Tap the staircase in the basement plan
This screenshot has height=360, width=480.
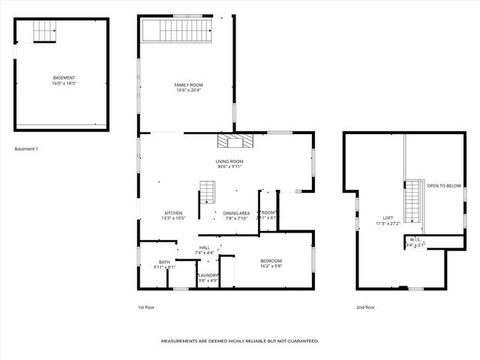click(x=44, y=31)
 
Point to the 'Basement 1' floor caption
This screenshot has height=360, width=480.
click(x=26, y=148)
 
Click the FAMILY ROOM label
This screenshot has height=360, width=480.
click(x=188, y=85)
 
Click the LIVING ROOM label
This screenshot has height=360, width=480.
click(x=229, y=161)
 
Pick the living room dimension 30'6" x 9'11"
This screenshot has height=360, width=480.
click(x=229, y=166)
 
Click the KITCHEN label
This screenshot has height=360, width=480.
click(x=173, y=213)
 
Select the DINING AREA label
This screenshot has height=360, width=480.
click(x=236, y=213)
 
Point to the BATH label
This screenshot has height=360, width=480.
click(x=164, y=262)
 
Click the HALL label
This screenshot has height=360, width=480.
click(x=204, y=247)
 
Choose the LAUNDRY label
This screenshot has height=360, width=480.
click(x=208, y=275)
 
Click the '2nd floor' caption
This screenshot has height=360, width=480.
click(x=365, y=307)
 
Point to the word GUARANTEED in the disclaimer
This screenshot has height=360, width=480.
click(x=300, y=340)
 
